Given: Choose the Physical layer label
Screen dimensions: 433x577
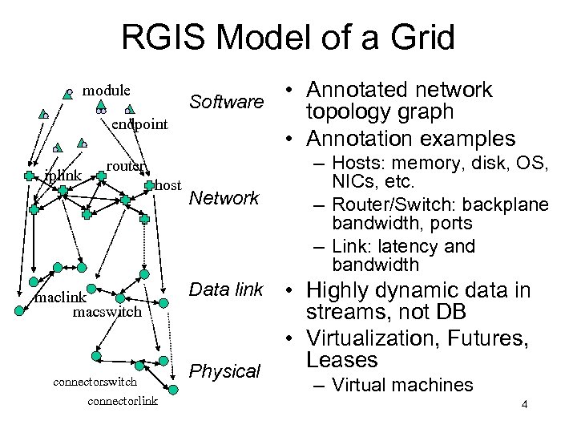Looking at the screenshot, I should click(x=224, y=371).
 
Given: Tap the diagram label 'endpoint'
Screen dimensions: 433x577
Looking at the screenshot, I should click(x=139, y=124).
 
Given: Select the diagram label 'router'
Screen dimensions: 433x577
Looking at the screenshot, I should click(x=126, y=166).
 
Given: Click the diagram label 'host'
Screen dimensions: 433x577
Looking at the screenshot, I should click(x=167, y=185).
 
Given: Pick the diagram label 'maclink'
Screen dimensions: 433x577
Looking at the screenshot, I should click(x=59, y=298).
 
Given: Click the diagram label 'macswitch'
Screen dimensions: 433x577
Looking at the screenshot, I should click(x=107, y=311).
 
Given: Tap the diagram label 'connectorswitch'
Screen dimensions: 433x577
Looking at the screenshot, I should click(x=95, y=382).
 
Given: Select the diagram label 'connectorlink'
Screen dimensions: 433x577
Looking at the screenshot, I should click(x=123, y=400).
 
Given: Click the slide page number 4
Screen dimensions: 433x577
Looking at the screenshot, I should click(x=523, y=404).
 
